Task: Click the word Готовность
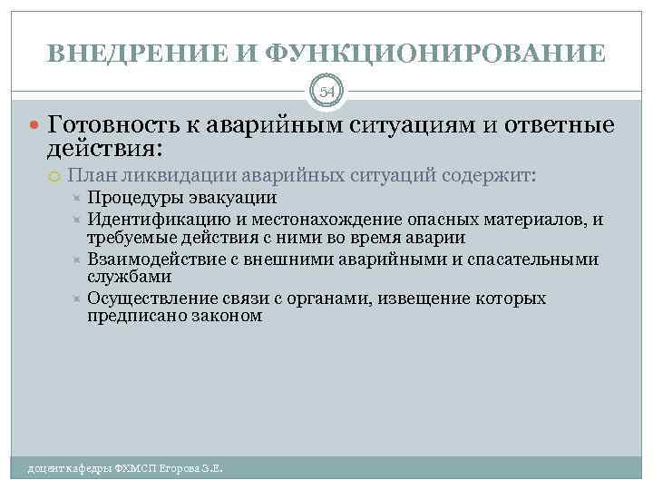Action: [113, 124]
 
